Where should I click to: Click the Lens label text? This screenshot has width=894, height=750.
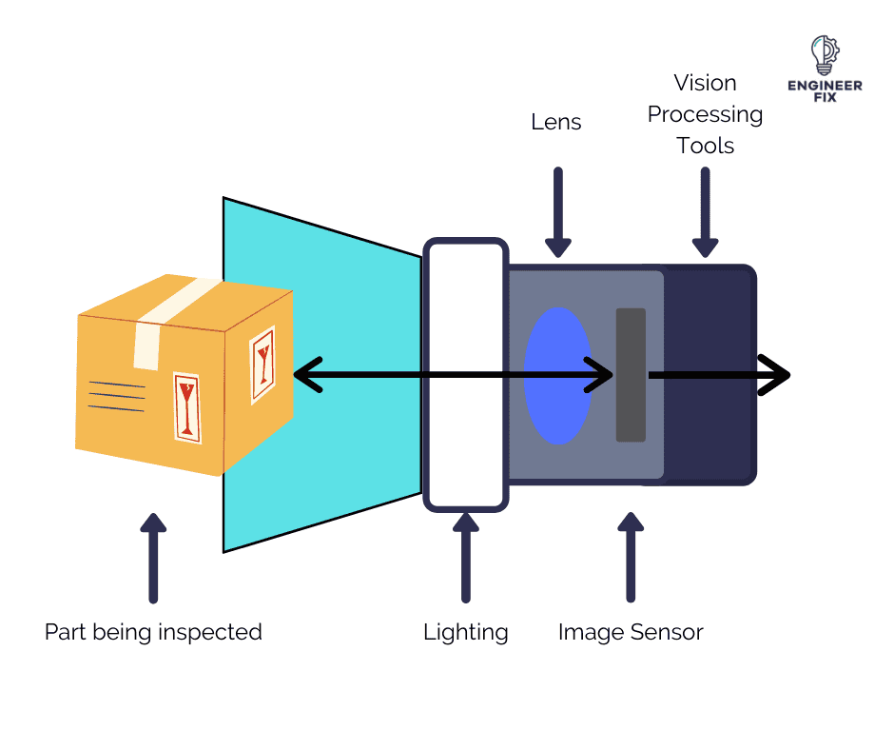556,122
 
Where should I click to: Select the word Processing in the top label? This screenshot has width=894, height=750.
705,114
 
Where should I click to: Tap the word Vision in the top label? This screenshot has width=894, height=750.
705,83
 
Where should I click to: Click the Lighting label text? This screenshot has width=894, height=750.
465,632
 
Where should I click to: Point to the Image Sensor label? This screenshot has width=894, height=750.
631,632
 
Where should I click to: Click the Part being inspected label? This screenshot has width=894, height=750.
153,632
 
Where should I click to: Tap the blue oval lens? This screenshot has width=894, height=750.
558,376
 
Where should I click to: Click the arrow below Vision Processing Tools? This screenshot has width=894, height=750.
705,212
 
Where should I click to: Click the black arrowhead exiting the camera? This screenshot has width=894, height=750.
774,376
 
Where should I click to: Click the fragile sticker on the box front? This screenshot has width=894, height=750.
187,407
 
